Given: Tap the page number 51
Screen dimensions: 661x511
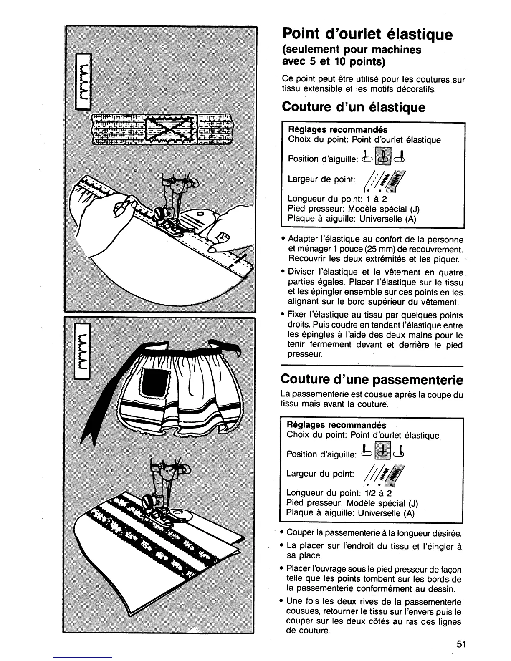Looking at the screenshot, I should [x=461, y=643].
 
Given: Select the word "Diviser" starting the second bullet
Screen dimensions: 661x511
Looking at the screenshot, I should [x=302, y=272].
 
